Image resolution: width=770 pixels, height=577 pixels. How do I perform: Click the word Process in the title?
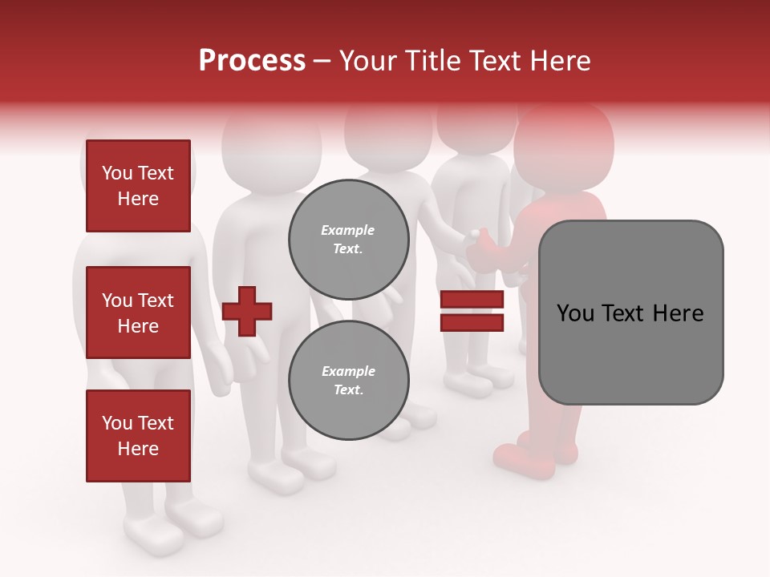click(252, 61)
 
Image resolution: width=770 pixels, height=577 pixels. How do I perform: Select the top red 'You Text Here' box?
click(138, 186)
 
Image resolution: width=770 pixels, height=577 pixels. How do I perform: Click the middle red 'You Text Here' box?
click(138, 313)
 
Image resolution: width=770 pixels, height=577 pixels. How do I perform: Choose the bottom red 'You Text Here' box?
click(138, 435)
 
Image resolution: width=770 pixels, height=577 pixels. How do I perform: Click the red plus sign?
click(247, 310)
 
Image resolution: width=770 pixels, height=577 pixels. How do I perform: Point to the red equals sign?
click(472, 311)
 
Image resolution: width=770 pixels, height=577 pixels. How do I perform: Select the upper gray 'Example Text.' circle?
click(348, 240)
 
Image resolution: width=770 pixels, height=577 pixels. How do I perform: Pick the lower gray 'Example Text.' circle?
click(348, 381)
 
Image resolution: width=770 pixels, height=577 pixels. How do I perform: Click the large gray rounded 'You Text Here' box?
click(630, 313)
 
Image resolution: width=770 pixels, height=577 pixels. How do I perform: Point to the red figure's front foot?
click(521, 461)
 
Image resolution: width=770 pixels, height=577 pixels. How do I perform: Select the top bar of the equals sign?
click(472, 300)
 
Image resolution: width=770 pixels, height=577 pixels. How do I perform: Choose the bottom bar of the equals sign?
click(472, 322)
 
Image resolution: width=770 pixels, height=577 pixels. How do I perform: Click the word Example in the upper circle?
click(348, 231)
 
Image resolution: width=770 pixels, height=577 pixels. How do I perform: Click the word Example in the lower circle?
click(348, 372)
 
